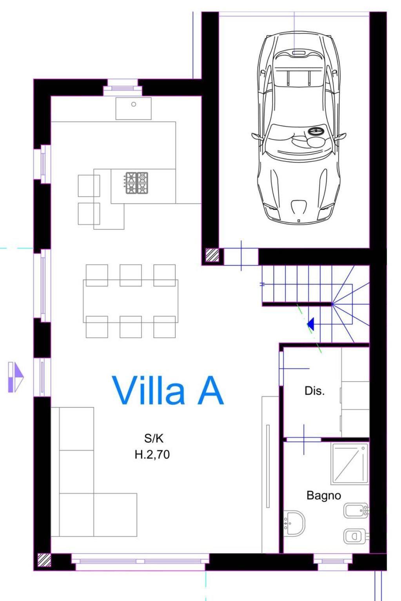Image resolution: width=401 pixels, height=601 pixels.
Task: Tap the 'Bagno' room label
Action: tap(324, 496)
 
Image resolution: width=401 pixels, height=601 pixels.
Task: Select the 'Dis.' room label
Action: tap(314, 391)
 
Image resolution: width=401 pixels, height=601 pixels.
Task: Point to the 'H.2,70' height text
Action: tap(152, 455)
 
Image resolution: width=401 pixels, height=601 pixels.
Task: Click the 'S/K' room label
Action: tap(154, 439)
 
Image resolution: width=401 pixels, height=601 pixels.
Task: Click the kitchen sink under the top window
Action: tap(134, 109)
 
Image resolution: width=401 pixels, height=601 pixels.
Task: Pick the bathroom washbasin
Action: tap(294, 523)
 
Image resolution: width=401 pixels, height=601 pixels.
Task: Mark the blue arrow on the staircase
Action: tap(311, 324)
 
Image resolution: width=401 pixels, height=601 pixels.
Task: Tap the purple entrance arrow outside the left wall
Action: tap(16, 377)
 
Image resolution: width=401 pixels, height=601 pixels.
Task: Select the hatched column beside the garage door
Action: tap(212, 255)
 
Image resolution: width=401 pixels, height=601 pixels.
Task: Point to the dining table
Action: tap(131, 301)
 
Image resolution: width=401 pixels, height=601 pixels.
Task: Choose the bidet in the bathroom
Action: tap(356, 510)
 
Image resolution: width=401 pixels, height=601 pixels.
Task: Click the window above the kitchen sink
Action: tap(123, 87)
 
